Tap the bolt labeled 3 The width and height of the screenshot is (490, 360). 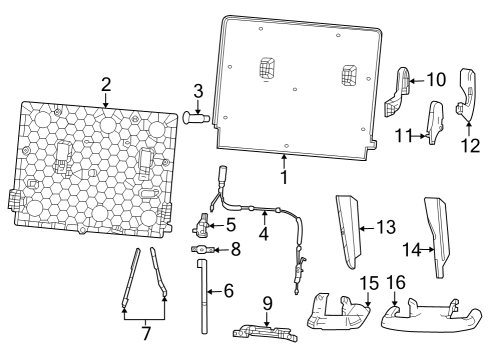click(x=197, y=118)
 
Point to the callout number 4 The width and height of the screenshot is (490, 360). click(x=264, y=234)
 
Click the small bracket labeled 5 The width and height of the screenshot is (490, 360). click(x=202, y=222)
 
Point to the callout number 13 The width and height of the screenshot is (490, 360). click(x=384, y=228)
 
